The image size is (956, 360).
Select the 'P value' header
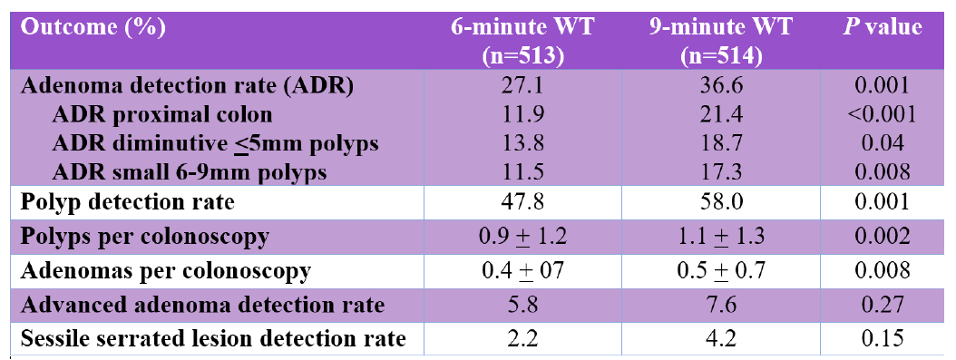click(881, 27)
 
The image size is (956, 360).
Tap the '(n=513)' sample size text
click(522, 55)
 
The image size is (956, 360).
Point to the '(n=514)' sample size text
click(721, 55)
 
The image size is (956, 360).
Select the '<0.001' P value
click(881, 114)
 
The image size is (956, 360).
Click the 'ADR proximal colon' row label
click(162, 115)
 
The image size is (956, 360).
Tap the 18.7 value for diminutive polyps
click(721, 143)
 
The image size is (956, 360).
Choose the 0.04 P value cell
click(881, 143)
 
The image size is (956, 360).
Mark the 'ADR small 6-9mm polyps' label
click(190, 173)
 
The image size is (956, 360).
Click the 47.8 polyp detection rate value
click(522, 202)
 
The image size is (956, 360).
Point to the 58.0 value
click(721, 202)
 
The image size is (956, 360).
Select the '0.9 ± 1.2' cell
click(522, 236)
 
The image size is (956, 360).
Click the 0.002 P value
click(881, 236)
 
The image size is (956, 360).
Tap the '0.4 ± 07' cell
click(522, 270)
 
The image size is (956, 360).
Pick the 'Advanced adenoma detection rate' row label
click(202, 304)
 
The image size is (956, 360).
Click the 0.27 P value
click(881, 304)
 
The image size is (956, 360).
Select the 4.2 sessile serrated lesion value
click(721, 338)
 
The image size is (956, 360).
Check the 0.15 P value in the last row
click(881, 338)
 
